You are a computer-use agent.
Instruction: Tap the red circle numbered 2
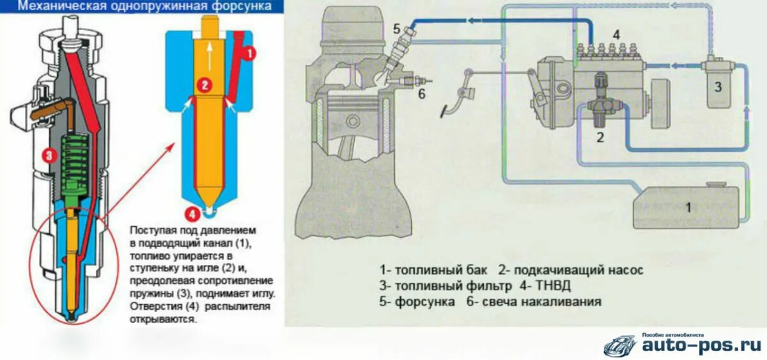pyautogui.click(x=204, y=84)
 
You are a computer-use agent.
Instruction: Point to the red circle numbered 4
pyautogui.click(x=190, y=214)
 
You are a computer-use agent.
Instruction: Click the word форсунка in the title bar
pyautogui.click(x=242, y=6)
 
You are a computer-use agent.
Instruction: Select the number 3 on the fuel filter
pyautogui.click(x=717, y=87)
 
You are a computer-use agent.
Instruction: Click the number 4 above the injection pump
pyautogui.click(x=616, y=35)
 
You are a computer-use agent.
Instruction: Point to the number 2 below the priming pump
pyautogui.click(x=600, y=136)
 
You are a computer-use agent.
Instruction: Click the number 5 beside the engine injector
pyautogui.click(x=396, y=28)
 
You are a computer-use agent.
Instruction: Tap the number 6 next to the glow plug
pyautogui.click(x=421, y=94)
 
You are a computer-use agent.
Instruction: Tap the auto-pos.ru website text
pyautogui.click(x=701, y=345)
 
